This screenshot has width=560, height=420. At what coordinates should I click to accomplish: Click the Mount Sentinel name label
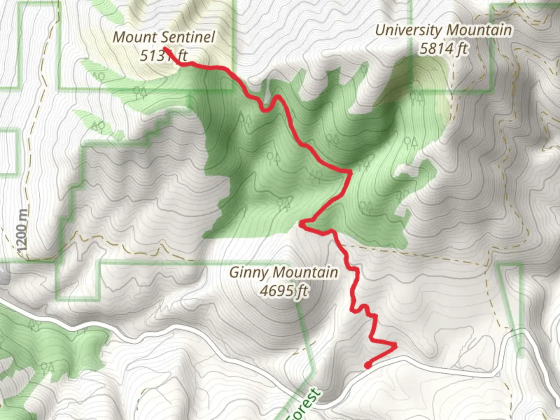pyautogui.click(x=163, y=37)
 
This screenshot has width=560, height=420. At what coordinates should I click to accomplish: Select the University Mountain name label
pyautogui.click(x=443, y=30)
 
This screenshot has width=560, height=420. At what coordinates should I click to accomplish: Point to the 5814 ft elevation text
pyautogui.click(x=443, y=49)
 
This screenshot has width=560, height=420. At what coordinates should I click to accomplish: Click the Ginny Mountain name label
pyautogui.click(x=283, y=272)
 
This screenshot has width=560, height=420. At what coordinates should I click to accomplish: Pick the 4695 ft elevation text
pyautogui.click(x=283, y=290)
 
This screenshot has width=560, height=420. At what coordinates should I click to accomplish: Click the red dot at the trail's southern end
pyautogui.click(x=367, y=365)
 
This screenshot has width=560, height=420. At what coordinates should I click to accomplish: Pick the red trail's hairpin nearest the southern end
pyautogui.click(x=395, y=345)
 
